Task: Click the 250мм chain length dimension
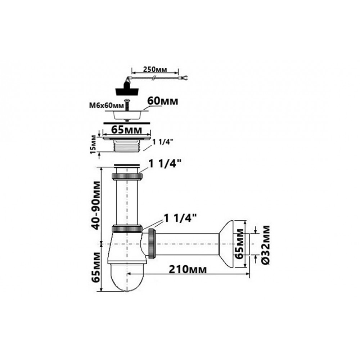pos(155,69)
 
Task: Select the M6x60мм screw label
pos(106,105)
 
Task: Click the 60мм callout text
pos(163,101)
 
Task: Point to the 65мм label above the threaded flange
pos(126,130)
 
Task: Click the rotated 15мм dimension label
pos(94,144)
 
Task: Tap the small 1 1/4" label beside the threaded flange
pos(163,142)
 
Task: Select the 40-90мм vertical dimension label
pos(95,206)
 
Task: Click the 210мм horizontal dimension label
pos(188,270)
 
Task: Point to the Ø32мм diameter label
pos(266,245)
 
